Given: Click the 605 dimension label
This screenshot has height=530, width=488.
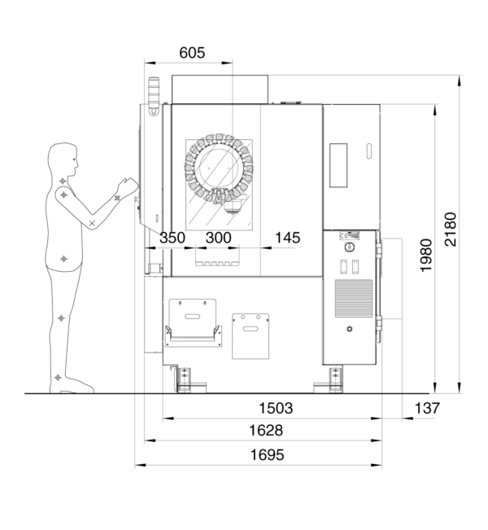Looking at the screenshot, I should (x=192, y=53).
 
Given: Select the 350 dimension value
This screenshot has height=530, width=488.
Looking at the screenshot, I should (x=172, y=238).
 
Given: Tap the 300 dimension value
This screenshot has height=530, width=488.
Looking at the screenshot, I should (x=219, y=238).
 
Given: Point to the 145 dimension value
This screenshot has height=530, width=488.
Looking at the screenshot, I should (x=287, y=238).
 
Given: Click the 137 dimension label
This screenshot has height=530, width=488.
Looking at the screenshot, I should (x=425, y=408).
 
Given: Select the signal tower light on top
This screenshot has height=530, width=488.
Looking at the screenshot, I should (x=151, y=89).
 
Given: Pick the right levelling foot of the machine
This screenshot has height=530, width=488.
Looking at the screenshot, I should (x=334, y=377).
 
